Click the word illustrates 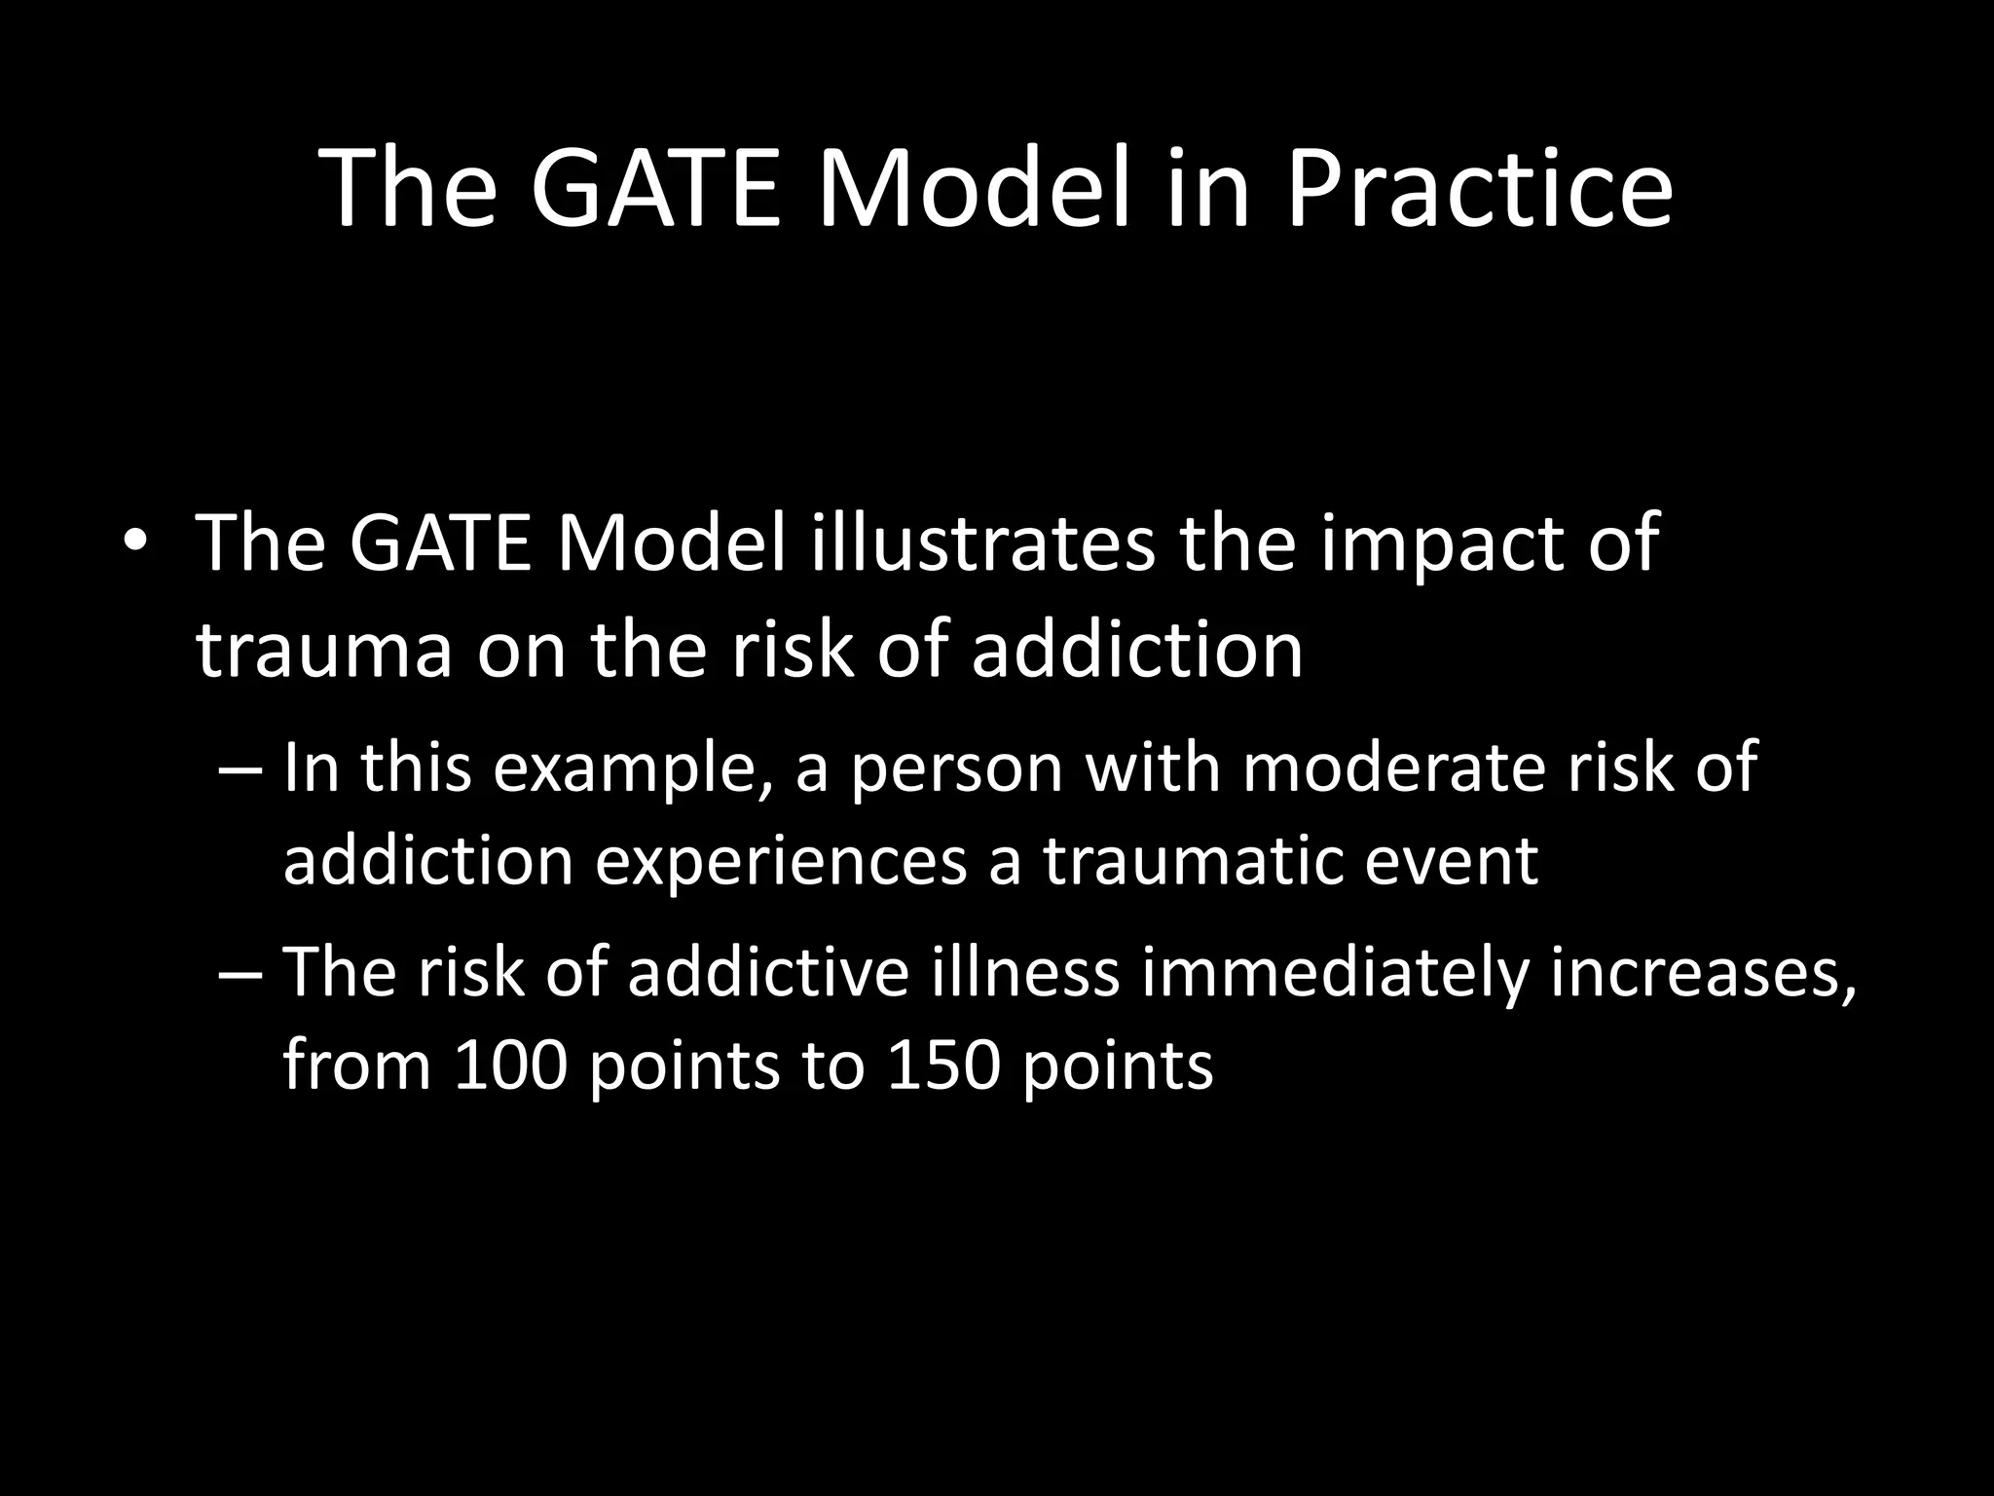coord(983,542)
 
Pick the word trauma coord(324,650)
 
